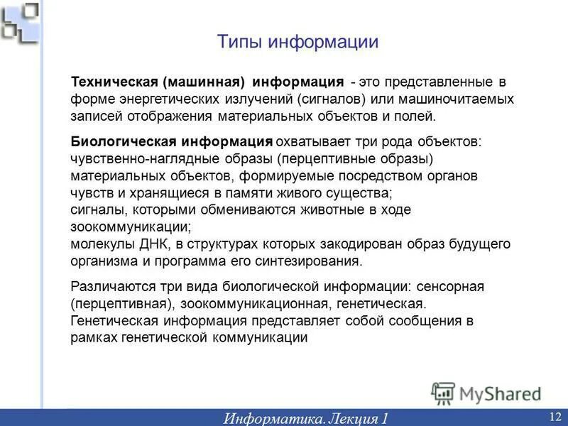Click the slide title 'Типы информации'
pyautogui.click(x=297, y=42)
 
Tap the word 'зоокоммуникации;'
pyautogui.click(x=131, y=227)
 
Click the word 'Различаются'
pyautogui.click(x=111, y=287)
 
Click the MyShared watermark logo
pyautogui.click(x=486, y=393)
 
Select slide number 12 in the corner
pyautogui.click(x=555, y=415)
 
